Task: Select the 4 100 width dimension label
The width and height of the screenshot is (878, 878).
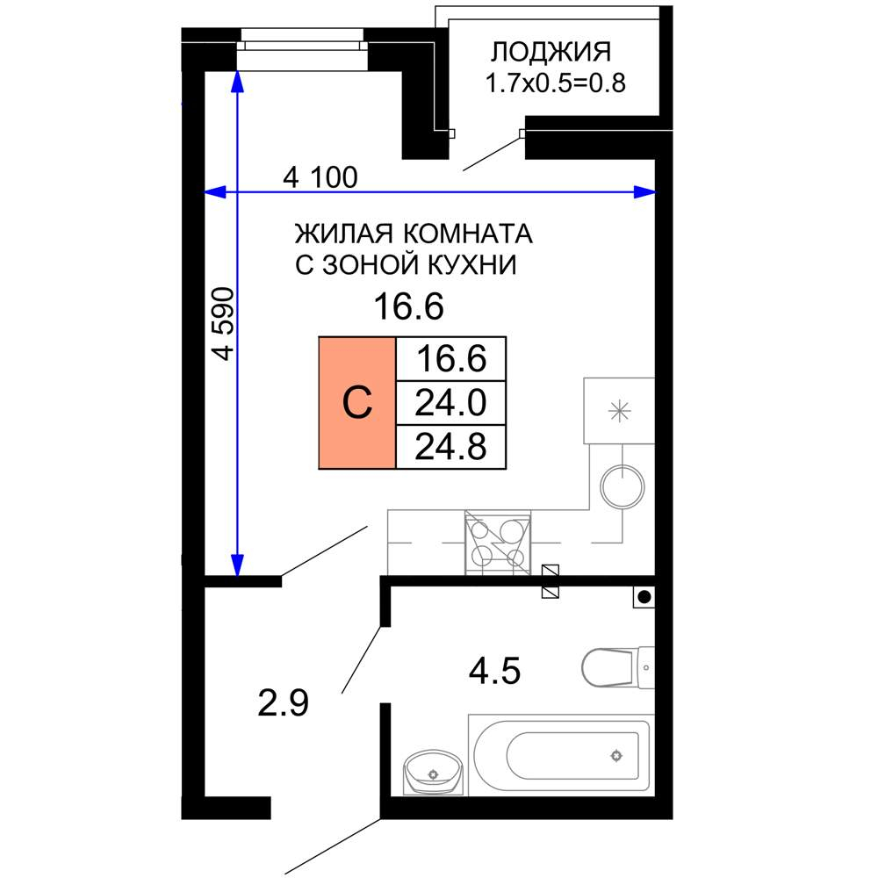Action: [x=320, y=178]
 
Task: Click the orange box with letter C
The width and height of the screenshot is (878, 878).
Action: [x=357, y=403]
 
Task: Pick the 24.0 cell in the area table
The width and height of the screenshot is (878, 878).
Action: [x=451, y=403]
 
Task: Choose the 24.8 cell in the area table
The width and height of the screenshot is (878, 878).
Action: [x=451, y=445]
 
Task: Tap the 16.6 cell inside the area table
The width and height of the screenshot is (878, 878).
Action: [x=451, y=359]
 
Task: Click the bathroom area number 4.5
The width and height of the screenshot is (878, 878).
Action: [x=495, y=673]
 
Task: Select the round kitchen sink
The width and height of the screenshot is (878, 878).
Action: [x=623, y=486]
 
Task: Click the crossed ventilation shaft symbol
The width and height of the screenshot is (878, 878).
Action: [x=551, y=581]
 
